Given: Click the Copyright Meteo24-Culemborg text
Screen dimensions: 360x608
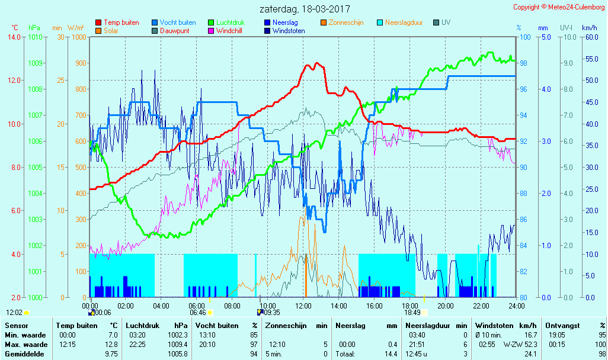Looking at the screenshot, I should coord(559,7).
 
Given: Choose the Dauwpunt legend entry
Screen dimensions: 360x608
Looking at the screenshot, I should coord(175,31).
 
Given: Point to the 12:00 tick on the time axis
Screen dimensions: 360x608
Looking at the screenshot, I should coord(303,306).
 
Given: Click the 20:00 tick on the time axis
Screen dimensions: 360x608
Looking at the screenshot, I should coord(446,306).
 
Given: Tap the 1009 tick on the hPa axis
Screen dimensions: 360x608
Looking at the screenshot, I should coord(35,63).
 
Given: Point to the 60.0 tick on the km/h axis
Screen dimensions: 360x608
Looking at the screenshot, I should coord(590,37).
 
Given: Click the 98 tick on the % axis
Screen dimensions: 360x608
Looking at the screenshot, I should coord(524,63).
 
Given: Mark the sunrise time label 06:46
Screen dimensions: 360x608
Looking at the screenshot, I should coord(198,313).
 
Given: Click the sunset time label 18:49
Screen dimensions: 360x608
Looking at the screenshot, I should coord(412,313).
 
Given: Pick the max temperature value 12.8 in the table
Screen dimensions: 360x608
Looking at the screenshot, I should coord(112,345).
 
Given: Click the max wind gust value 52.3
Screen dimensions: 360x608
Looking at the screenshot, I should coord(529,345).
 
